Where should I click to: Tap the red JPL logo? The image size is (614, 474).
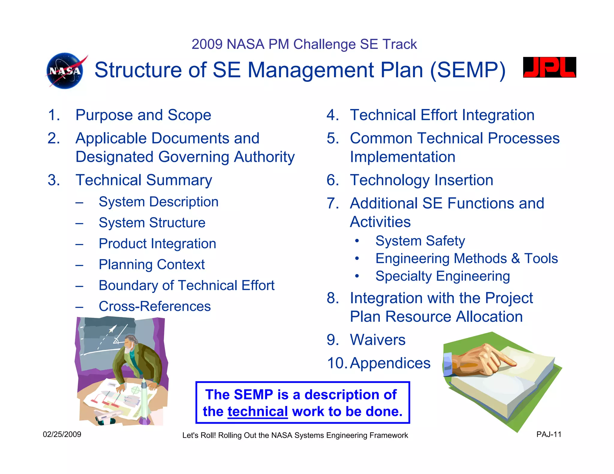(549, 67)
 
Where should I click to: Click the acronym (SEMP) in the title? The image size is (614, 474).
(468, 70)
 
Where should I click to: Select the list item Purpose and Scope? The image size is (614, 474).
(143, 115)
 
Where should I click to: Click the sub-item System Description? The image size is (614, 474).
(159, 202)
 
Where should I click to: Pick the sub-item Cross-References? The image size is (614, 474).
(155, 306)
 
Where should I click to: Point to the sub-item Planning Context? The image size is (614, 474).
(152, 265)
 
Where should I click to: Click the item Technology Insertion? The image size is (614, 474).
(421, 180)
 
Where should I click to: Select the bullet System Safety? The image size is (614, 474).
(420, 241)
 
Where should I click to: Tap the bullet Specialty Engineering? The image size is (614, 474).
(443, 276)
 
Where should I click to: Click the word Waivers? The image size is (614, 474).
(377, 340)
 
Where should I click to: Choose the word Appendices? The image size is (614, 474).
(390, 363)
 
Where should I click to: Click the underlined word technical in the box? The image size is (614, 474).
(258, 412)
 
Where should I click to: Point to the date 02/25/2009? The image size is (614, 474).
(62, 434)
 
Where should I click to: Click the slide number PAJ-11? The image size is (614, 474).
(549, 434)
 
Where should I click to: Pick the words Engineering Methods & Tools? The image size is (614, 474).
(466, 259)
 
